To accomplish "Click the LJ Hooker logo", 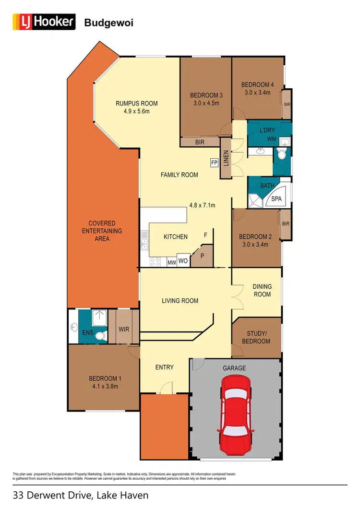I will point(44,22).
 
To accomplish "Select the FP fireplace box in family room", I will point(214,163).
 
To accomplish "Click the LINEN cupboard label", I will point(226,158).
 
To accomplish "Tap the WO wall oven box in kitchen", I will point(183,261).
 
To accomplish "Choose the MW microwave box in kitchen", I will point(171,262).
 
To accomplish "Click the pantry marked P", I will point(202,256).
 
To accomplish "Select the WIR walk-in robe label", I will point(124,330).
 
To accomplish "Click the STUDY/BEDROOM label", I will point(258,337).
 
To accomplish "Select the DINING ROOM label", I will point(262,290).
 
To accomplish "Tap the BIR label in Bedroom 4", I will point(287,104).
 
